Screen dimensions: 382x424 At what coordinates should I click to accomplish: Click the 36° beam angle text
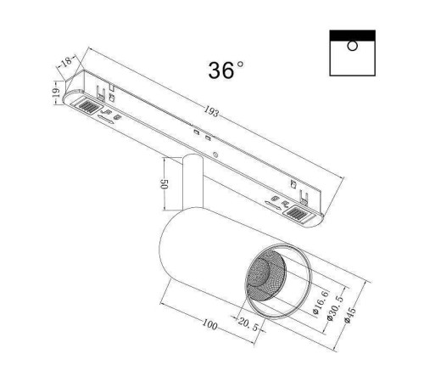[225, 70]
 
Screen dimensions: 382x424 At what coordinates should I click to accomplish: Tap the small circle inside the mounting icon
[352, 46]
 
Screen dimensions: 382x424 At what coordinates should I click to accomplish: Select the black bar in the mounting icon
[352, 35]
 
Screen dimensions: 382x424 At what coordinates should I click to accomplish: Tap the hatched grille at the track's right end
[299, 218]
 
